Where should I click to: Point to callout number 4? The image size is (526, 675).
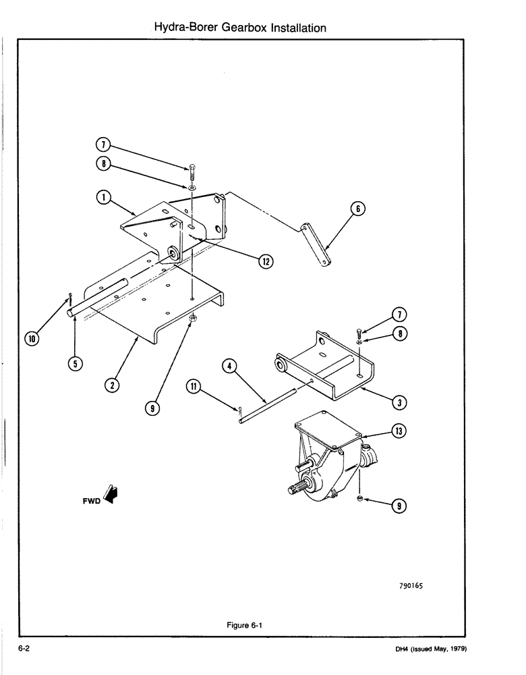click(229, 367)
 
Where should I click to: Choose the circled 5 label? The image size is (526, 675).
click(76, 363)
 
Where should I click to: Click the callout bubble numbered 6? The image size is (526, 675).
click(358, 209)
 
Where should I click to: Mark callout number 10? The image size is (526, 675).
click(30, 337)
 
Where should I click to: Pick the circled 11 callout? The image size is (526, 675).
click(194, 387)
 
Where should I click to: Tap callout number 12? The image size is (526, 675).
click(266, 261)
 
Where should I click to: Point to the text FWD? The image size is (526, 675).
click(90, 502)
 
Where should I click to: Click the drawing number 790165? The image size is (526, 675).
click(409, 586)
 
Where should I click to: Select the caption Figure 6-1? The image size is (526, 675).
click(244, 625)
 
